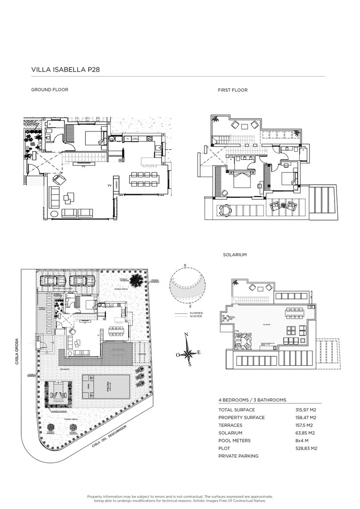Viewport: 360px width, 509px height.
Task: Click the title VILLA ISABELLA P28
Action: point(65,70)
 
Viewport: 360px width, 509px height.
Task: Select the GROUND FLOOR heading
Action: point(49,90)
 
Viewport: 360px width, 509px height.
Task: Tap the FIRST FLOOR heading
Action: point(232,90)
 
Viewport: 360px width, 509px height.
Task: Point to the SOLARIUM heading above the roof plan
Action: point(235,254)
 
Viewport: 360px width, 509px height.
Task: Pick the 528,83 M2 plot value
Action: point(306,448)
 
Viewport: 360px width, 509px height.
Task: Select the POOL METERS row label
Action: point(234,441)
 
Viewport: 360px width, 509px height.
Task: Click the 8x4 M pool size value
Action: point(302,441)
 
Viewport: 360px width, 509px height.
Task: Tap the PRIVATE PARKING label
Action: point(238,456)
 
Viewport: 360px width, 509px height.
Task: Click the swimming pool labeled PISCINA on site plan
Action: point(106,386)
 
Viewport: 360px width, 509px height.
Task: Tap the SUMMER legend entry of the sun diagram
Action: point(196,313)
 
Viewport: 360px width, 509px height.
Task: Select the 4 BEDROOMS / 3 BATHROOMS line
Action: point(252,400)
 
